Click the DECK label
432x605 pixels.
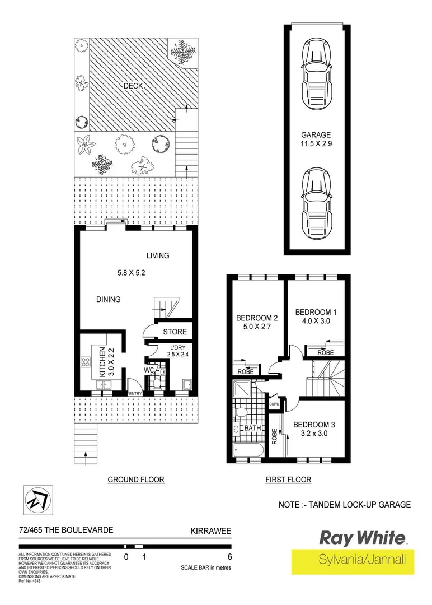tap(133, 86)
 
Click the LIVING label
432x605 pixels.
tap(158, 255)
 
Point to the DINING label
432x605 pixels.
tap(108, 299)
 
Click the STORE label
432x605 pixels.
tap(175, 332)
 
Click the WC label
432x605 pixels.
tap(149, 370)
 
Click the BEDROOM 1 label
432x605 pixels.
tap(315, 312)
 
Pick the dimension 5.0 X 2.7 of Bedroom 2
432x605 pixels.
tap(257, 329)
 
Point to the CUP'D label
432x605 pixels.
tap(274, 404)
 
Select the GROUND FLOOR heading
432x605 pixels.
tap(135, 480)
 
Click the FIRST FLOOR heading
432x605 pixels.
tap(288, 480)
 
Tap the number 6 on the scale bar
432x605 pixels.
tap(229, 557)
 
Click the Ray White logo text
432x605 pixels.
tap(361, 538)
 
